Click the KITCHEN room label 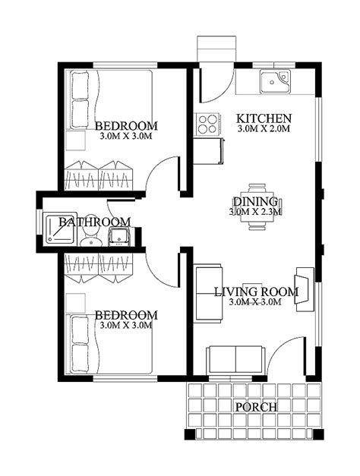(x=264, y=118)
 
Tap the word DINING (x=254, y=201)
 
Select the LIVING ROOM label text (x=255, y=292)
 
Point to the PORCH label (x=255, y=407)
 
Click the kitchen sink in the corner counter (x=273, y=81)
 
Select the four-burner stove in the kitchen (x=205, y=124)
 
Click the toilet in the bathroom (x=93, y=240)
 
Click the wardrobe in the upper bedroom (x=99, y=175)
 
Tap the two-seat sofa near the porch (x=236, y=358)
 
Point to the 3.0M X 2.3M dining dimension (x=255, y=212)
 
